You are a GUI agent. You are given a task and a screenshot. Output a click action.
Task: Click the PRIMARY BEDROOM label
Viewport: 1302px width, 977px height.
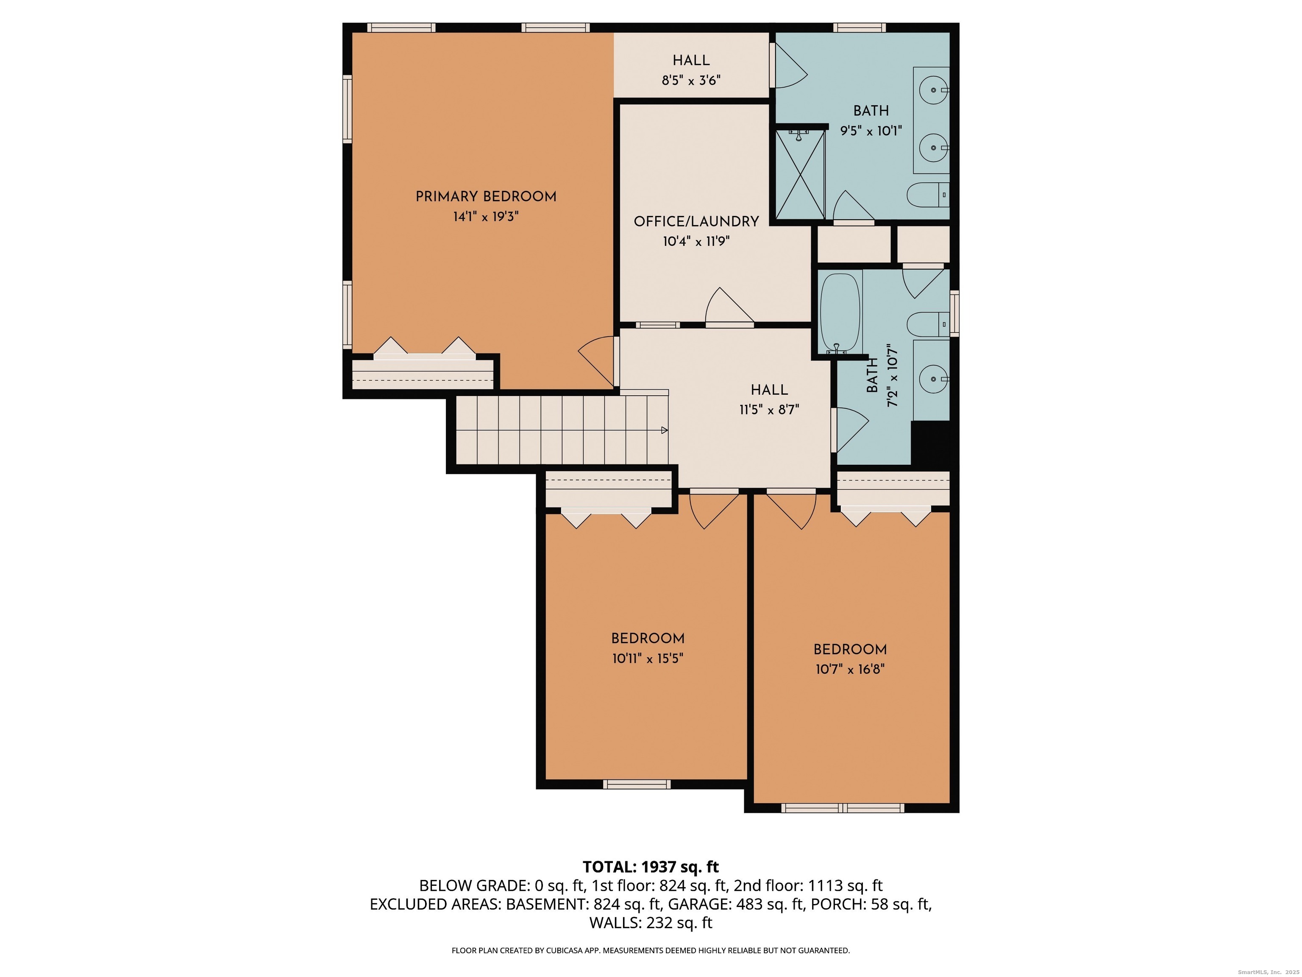[486, 197]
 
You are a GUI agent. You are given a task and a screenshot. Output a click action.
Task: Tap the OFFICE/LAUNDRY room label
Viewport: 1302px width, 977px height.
[696, 221]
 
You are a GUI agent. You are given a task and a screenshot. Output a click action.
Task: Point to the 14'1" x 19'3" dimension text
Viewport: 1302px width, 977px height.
[486, 217]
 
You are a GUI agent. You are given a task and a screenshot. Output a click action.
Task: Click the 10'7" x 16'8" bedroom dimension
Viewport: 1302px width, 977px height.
[850, 669]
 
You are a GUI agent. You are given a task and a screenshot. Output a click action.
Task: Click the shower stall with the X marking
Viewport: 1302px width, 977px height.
[800, 174]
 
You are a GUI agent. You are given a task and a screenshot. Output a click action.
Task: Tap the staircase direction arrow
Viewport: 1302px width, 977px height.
[665, 430]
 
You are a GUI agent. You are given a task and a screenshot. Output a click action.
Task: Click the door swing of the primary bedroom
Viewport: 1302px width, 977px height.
[596, 361]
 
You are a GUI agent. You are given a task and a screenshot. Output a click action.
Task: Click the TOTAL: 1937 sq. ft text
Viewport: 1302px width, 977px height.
[651, 867]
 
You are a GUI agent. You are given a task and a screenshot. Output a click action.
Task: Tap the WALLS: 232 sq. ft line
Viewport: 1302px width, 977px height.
[651, 923]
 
